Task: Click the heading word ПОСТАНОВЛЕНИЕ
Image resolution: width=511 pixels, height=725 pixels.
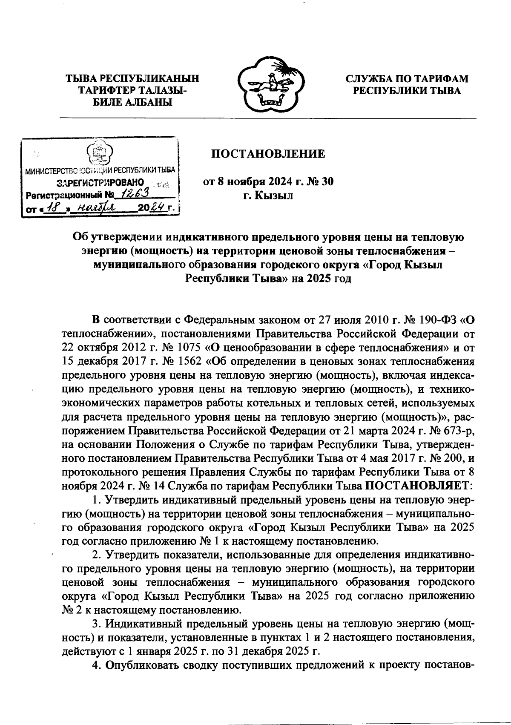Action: pos(268,154)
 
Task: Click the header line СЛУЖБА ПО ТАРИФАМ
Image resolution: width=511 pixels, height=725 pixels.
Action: pos(406,79)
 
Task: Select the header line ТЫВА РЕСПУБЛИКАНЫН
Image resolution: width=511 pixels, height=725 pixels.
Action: pos(132,79)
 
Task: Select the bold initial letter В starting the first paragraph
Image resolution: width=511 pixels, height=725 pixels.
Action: pos(96,319)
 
